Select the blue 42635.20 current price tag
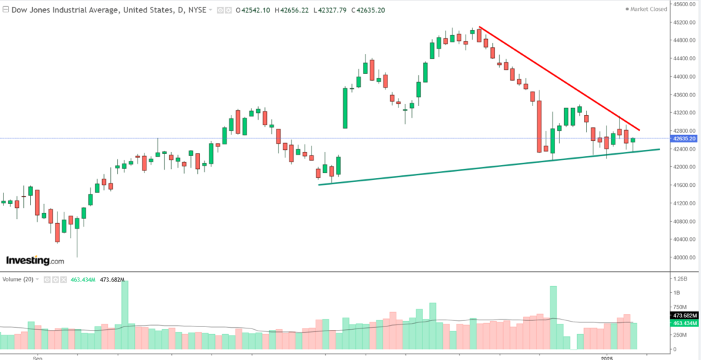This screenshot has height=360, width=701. click(684, 139)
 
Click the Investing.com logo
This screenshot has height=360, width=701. click(35, 261)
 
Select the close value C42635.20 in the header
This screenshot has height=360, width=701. click(348, 10)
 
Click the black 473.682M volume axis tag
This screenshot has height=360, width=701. click(684, 316)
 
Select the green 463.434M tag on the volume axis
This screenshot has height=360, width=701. click(684, 322)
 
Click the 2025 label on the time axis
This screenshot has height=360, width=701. click(607, 357)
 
